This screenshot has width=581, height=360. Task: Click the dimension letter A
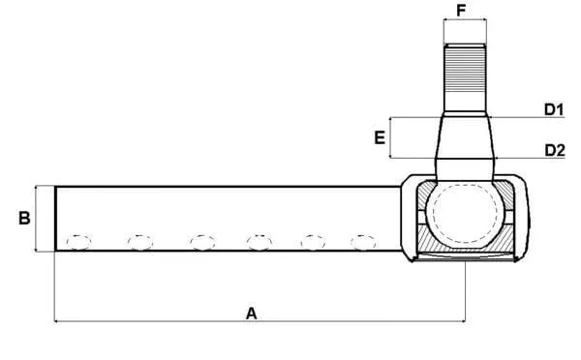point(251,314)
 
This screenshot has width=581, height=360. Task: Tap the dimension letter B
point(24,218)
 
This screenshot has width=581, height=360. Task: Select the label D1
point(554,109)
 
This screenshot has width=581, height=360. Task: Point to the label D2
point(555,150)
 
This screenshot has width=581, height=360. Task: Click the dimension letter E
point(380,137)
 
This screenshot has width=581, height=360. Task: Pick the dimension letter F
point(461,11)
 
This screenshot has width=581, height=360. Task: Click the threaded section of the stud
point(465,70)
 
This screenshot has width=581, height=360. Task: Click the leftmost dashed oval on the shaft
point(78,243)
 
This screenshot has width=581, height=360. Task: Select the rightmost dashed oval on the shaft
point(363,243)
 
